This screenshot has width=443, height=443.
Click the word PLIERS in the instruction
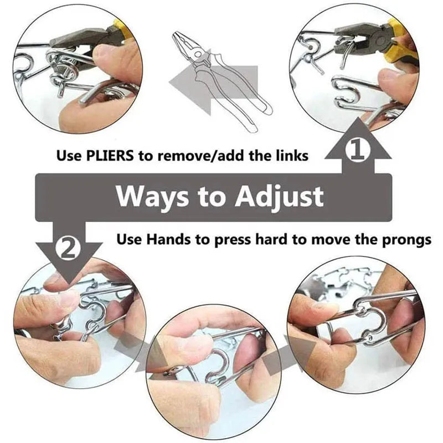pyautogui.click(x=110, y=156)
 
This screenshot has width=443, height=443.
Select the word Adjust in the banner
pyautogui.click(x=279, y=197)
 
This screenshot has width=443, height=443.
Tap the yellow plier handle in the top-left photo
pyautogui.click(x=122, y=30)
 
